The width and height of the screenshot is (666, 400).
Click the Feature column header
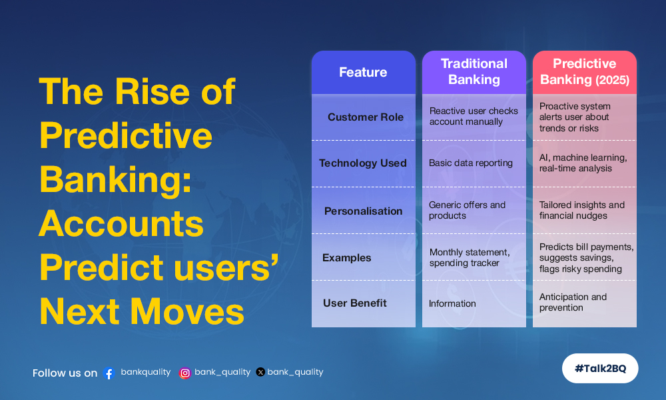tap(363, 72)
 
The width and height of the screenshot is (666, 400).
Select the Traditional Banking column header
tap(474, 72)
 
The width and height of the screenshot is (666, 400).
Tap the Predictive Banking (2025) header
tap(585, 72)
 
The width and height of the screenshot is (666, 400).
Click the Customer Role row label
tap(365, 117)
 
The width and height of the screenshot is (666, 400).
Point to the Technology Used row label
tap(363, 163)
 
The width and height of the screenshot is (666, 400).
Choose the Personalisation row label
tap(363, 211)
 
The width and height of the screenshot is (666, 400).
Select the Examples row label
tap(346, 257)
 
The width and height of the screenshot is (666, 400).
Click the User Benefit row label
tap(355, 303)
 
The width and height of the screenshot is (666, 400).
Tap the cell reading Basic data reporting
tap(471, 163)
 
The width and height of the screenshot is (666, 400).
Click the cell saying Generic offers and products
tap(468, 210)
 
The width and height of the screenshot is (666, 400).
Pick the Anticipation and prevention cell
tap(573, 302)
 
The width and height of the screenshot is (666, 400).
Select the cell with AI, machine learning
tap(583, 163)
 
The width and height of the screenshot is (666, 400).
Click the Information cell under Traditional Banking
tap(452, 303)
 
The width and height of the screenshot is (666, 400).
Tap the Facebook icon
tap(109, 373)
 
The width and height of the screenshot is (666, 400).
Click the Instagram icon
tap(184, 373)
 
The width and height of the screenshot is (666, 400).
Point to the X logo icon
tap(260, 373)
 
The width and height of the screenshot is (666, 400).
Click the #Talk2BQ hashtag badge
tap(600, 368)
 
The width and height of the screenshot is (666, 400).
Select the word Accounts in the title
tap(121, 224)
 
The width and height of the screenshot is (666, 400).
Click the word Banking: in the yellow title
tap(115, 181)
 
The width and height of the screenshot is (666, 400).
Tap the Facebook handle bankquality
tap(146, 372)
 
